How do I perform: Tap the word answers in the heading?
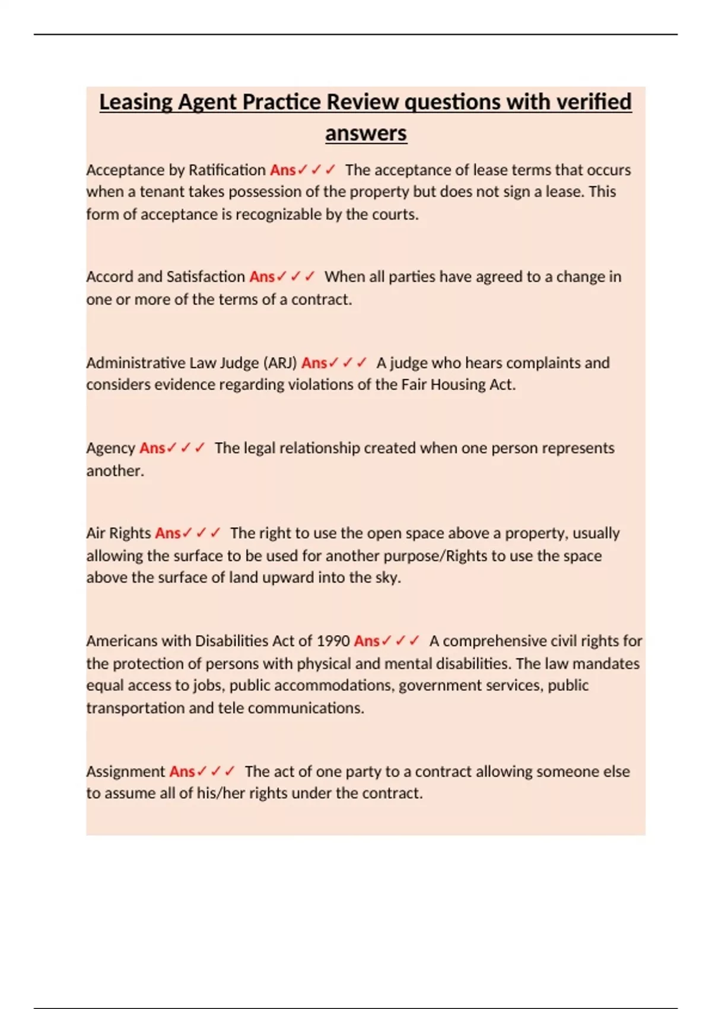pos(365,133)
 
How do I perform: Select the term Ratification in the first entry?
pos(227,170)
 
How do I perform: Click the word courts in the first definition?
pos(394,214)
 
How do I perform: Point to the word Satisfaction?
pos(205,277)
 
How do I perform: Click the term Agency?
pos(111,448)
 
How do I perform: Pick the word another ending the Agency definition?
pos(115,471)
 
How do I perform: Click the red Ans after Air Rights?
pos(168,533)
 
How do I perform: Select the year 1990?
pos(333,641)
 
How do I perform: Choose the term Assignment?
pos(125,772)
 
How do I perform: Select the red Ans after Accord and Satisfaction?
pos(262,277)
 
